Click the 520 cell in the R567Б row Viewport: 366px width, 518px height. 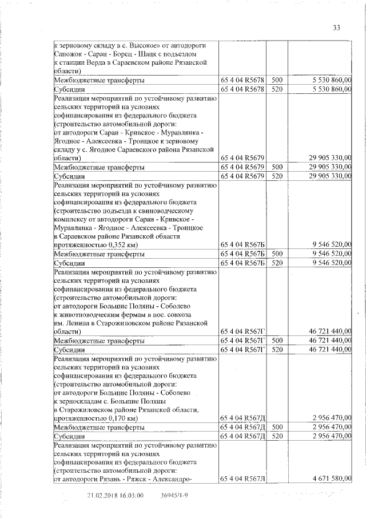[277, 263]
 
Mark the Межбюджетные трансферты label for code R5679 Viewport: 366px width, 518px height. [98, 167]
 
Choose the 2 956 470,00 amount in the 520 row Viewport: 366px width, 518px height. [332, 437]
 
